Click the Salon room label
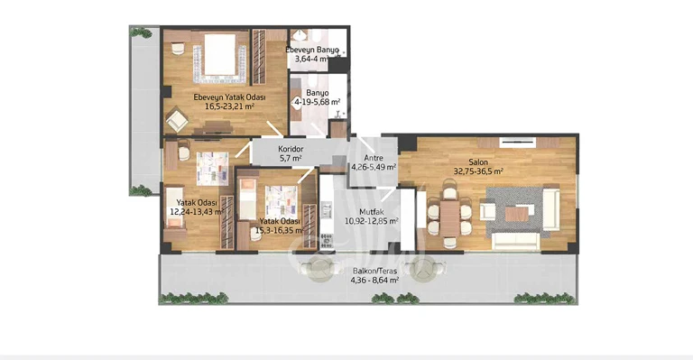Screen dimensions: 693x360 click(478, 162)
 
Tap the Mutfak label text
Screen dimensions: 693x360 click(371, 212)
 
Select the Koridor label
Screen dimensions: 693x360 click(291, 149)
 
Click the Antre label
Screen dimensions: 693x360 click(374, 158)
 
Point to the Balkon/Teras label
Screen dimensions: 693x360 click(374, 272)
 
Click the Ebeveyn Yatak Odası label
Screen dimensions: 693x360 click(229, 97)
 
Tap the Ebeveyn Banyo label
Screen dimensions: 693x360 click(312, 50)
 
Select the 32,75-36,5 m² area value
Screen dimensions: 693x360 click(478, 171)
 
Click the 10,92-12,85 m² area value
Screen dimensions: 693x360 click(371, 220)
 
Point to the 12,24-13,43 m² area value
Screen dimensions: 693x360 click(196, 211)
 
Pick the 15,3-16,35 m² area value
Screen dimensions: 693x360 click(280, 230)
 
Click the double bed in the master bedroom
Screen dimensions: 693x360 click(219, 58)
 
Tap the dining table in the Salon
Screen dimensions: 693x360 click(450, 218)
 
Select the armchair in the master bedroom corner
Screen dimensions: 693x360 click(177, 119)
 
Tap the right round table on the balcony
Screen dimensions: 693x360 click(422, 268)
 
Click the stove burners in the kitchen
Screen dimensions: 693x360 click(326, 240)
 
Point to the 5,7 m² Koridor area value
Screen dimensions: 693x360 click(291, 158)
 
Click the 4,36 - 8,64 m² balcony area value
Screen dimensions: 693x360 click(374, 280)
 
